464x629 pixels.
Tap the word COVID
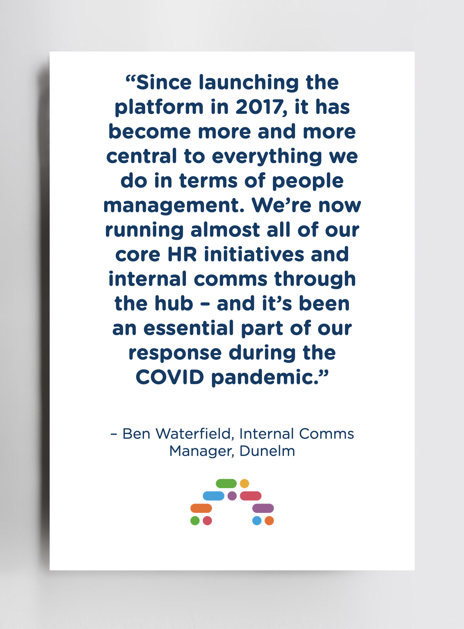(170, 377)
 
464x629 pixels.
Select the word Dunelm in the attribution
(267, 451)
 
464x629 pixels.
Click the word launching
(249, 83)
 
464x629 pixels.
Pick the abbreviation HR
(182, 254)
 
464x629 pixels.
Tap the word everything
(267, 157)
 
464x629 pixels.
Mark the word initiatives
(254, 254)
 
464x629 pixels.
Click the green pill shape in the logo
(226, 484)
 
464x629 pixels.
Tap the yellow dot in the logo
(244, 484)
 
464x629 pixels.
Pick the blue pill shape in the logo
(213, 496)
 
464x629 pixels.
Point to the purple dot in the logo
(232, 496)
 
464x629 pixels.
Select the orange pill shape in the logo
(201, 508)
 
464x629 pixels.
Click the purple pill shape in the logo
(263, 508)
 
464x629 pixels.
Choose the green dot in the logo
(195, 521)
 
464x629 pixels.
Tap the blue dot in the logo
(257, 521)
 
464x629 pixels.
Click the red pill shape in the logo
(251, 496)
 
